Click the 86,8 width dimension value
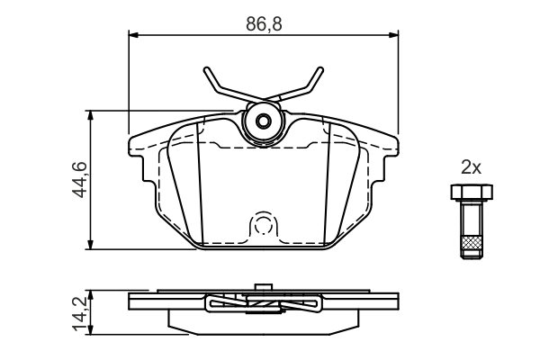click(x=265, y=24)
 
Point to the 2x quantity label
click(x=471, y=166)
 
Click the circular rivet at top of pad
click(x=264, y=121)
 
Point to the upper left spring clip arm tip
click(x=207, y=72)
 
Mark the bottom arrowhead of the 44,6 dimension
click(x=91, y=245)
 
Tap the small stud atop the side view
click(x=264, y=288)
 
